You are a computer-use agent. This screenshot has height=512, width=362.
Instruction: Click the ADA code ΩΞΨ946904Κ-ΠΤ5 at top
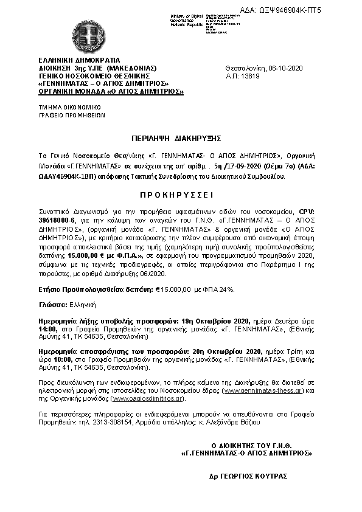(x=316, y=11)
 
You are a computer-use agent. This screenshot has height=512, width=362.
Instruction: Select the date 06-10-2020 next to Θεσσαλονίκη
(x=285, y=68)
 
